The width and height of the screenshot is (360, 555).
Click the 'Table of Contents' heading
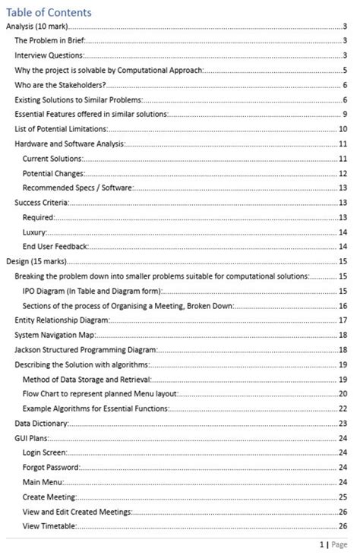(x=49, y=12)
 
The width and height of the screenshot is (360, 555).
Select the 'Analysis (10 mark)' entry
(x=35, y=27)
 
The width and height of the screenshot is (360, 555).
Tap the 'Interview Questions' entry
(x=49, y=55)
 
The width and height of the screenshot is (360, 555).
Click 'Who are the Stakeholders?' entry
(x=60, y=85)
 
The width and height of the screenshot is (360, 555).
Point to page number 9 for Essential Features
(x=345, y=114)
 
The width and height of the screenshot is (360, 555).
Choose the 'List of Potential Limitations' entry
(x=62, y=129)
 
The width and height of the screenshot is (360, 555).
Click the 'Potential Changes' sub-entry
(x=53, y=173)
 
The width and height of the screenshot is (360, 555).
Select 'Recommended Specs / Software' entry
(x=78, y=188)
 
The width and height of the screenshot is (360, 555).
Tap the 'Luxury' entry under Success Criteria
(x=35, y=232)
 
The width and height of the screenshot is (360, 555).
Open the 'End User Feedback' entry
(x=55, y=247)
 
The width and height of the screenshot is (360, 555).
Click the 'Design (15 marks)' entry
(x=35, y=261)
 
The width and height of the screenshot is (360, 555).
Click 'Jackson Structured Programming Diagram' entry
(x=86, y=350)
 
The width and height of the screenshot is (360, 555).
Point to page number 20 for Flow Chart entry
(x=343, y=394)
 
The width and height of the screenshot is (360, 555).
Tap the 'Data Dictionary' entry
(x=43, y=423)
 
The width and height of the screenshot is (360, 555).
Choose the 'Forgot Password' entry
(x=51, y=467)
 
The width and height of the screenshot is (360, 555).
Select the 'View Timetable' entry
(x=49, y=525)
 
